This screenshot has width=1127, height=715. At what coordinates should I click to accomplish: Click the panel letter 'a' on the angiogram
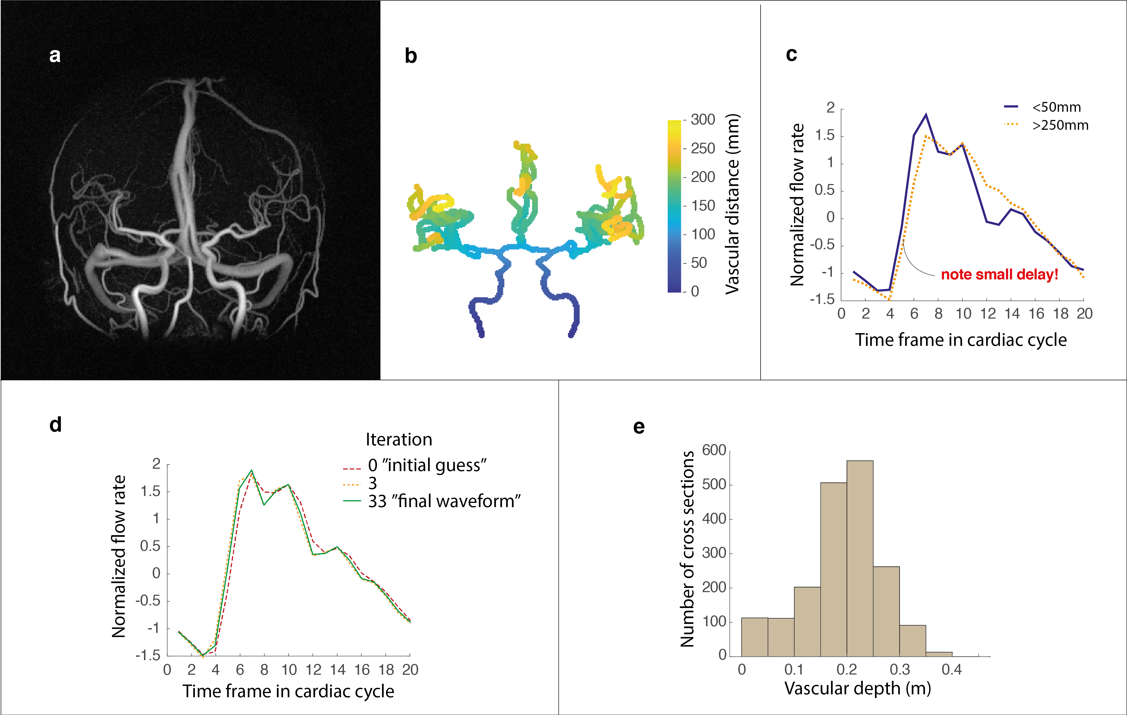click(x=55, y=56)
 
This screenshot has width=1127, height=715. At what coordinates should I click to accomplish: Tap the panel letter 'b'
click(x=410, y=56)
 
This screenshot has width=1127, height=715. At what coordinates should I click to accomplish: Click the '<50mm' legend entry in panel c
click(x=1056, y=107)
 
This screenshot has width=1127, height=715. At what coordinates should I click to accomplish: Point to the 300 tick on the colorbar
click(x=702, y=120)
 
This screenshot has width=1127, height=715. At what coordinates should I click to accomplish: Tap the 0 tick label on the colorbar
click(x=695, y=291)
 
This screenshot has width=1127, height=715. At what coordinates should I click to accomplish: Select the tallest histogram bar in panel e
click(x=860, y=557)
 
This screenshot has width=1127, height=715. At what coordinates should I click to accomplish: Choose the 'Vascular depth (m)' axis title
click(x=857, y=688)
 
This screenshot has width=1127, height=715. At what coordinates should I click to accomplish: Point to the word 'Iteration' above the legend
click(x=399, y=440)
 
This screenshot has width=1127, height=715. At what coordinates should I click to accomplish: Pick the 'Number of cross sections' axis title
click(x=687, y=549)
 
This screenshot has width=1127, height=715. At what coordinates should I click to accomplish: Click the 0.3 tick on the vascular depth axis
click(x=900, y=669)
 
